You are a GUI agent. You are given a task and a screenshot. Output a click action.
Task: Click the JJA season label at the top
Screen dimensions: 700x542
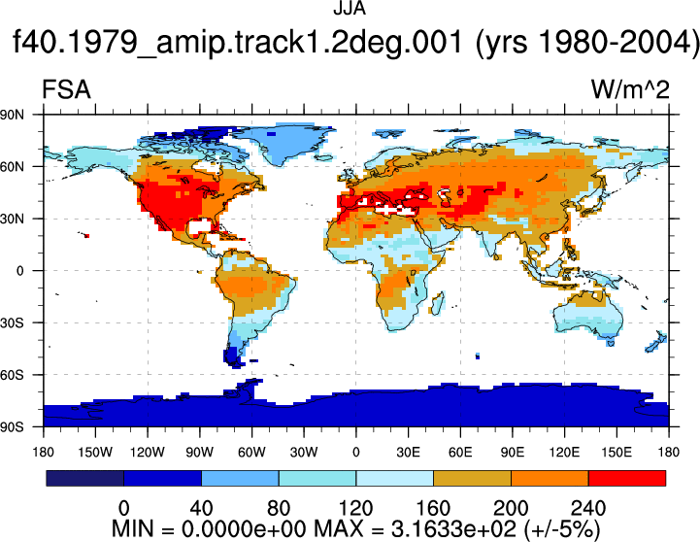[x=350, y=9]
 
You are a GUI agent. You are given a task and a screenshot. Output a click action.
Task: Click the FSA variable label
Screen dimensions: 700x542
[x=66, y=89]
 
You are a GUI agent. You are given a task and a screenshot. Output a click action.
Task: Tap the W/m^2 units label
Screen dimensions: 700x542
[x=630, y=89]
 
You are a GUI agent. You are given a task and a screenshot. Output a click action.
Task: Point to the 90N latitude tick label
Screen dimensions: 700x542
[x=12, y=115]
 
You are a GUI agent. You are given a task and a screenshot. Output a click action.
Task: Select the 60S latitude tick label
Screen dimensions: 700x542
[x=12, y=375]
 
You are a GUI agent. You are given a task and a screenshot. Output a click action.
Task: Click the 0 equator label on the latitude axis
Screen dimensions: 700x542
[x=19, y=271]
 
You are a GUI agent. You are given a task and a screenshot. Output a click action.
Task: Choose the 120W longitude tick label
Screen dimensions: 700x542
[x=148, y=453]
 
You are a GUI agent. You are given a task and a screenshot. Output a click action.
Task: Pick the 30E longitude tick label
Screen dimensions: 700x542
[x=408, y=453]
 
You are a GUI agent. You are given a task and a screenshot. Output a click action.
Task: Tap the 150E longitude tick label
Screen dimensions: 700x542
[x=617, y=453]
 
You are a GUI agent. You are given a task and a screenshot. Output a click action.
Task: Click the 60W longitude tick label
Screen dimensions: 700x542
[x=251, y=453]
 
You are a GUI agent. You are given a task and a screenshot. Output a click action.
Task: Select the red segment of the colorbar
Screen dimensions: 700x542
[x=627, y=478]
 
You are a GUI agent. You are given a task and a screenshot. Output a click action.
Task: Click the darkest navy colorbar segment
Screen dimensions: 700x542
[x=84, y=478]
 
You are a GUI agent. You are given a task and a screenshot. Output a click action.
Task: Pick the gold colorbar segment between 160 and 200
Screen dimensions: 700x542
[x=472, y=478]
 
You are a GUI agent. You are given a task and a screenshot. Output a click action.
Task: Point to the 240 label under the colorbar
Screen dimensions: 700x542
[x=588, y=508]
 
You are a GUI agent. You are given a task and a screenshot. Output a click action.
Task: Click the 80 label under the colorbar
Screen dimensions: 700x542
[x=279, y=508]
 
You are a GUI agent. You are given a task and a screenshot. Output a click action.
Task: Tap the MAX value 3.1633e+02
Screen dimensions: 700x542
[x=453, y=529]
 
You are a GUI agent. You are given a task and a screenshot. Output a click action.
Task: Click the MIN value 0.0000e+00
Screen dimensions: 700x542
[x=244, y=529]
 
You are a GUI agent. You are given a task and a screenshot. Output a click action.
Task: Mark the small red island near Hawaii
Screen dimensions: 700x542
[x=87, y=236]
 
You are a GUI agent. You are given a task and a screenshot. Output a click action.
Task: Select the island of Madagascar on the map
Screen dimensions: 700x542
[x=438, y=303]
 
